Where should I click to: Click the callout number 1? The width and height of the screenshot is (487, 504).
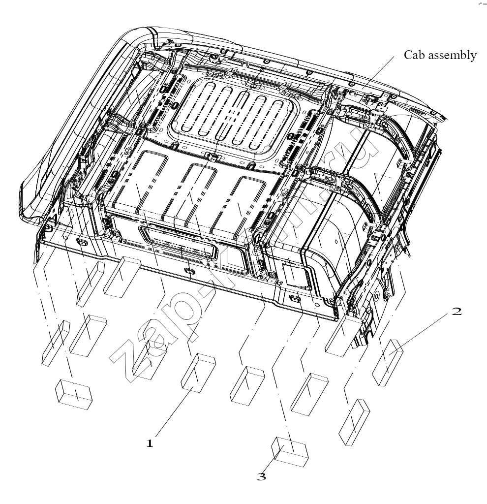click(x=150, y=443)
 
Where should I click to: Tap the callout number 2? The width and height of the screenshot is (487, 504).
click(x=457, y=311)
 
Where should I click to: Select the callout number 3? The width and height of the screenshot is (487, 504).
click(x=262, y=476)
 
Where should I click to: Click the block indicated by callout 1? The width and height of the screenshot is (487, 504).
click(x=199, y=373)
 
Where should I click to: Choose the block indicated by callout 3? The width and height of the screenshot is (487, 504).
click(x=290, y=451)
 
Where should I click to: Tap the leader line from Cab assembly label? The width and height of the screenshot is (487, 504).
click(x=377, y=72)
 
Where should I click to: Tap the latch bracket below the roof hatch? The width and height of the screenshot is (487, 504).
click(x=213, y=157)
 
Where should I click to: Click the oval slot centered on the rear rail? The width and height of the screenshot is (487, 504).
click(x=188, y=271)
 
